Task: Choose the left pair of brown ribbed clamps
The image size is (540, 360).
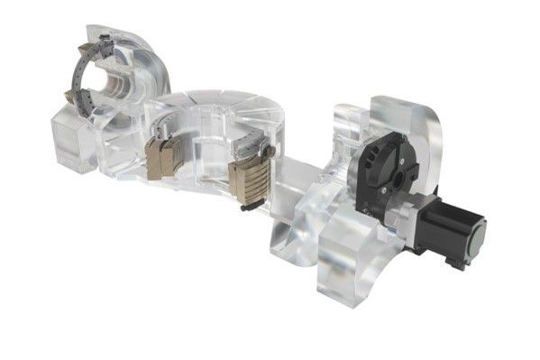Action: (x=165, y=156)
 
